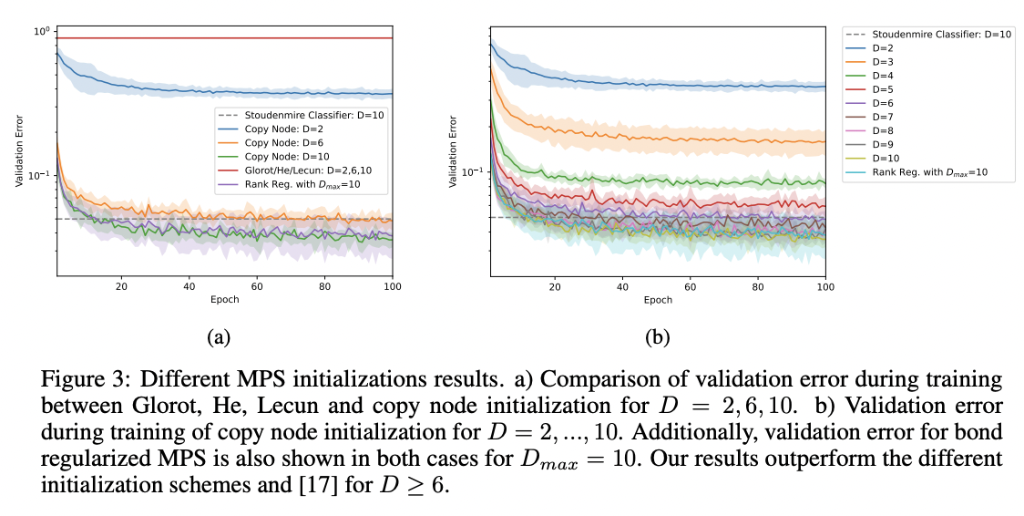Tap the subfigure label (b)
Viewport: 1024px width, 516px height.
657,337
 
